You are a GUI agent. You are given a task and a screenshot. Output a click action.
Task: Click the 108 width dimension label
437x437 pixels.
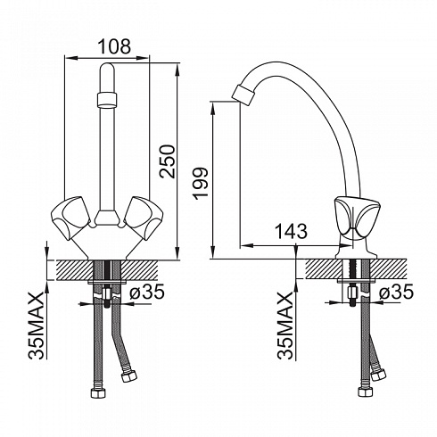click(114, 46)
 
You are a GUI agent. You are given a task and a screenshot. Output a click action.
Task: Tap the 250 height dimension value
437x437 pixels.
click(167, 161)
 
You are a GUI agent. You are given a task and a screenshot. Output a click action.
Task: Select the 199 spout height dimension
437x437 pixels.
click(200, 184)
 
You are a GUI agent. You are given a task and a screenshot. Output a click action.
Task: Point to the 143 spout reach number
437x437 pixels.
click(291, 231)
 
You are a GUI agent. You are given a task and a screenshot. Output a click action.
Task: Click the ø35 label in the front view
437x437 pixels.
click(147, 291)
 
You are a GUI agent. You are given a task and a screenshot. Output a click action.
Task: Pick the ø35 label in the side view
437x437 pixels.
click(396, 292)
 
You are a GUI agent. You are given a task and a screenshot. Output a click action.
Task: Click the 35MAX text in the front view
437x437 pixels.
click(37, 326)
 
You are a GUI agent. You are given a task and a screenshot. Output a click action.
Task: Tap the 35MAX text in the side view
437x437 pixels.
click(285, 326)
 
